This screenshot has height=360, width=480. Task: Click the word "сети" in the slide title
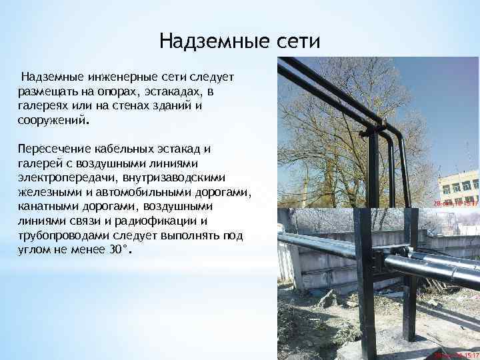pyautogui.click(x=297, y=42)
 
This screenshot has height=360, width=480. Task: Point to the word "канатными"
pyautogui.click(x=46, y=207)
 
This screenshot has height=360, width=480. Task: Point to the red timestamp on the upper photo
pyautogui.click(x=456, y=203)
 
